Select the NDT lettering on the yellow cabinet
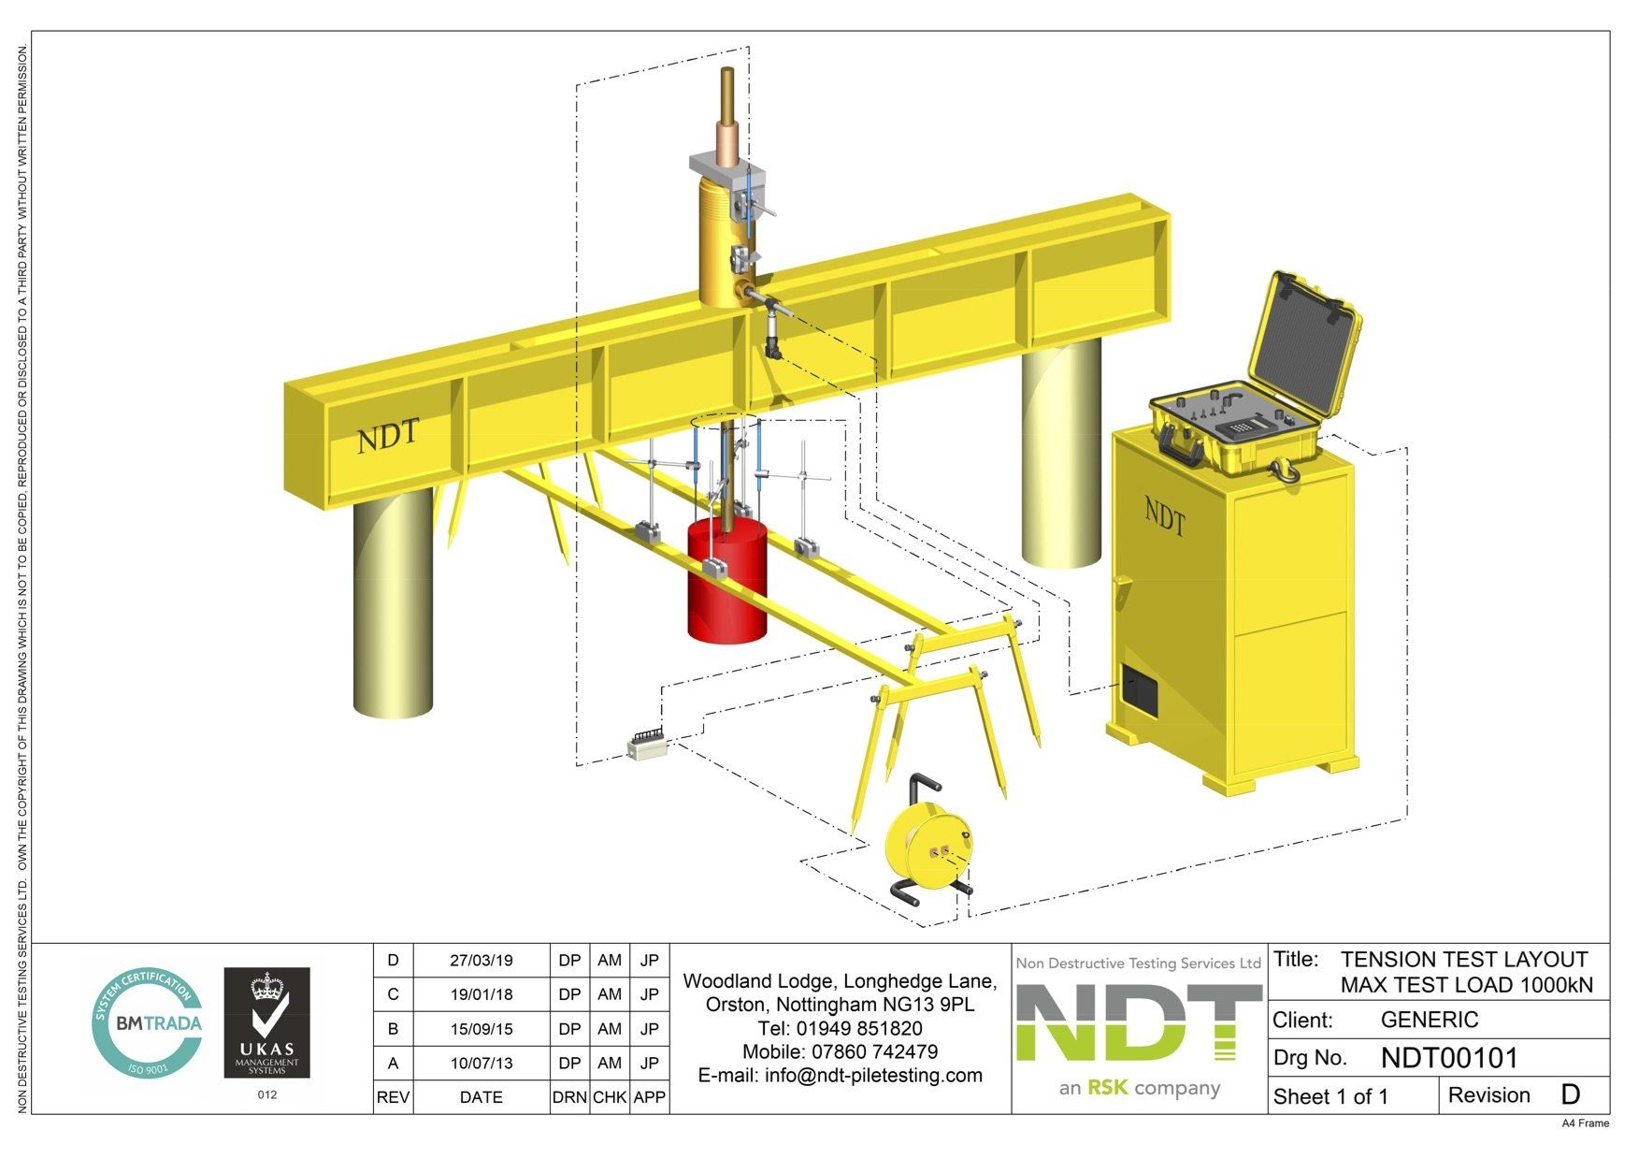point(1165,515)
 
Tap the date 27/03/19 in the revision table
point(481,961)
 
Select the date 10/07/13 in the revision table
point(481,1064)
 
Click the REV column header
point(393,1097)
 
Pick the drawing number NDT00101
point(1449,1058)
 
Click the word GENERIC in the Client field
point(1429,1020)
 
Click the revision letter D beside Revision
point(1570,1095)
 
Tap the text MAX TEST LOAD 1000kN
point(1466,985)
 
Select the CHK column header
point(610,1097)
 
